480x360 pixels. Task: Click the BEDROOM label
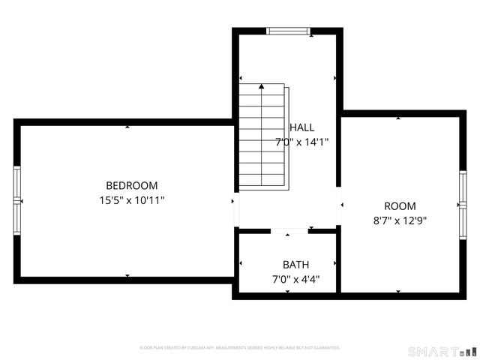(x=131, y=186)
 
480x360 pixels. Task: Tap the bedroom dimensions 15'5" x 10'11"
(x=131, y=200)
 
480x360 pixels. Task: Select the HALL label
(x=302, y=127)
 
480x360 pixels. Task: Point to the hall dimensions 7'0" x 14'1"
(x=301, y=142)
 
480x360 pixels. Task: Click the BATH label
(x=295, y=265)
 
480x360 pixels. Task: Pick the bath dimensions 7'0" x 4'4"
(x=295, y=279)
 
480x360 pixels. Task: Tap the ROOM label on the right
(x=400, y=206)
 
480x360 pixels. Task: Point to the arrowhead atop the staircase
(x=262, y=86)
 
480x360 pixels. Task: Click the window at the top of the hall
(x=288, y=31)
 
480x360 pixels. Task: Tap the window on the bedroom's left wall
(x=16, y=200)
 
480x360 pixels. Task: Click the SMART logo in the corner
(x=442, y=351)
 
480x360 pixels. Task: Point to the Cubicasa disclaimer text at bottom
(x=240, y=348)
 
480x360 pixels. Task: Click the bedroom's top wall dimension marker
(x=127, y=127)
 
